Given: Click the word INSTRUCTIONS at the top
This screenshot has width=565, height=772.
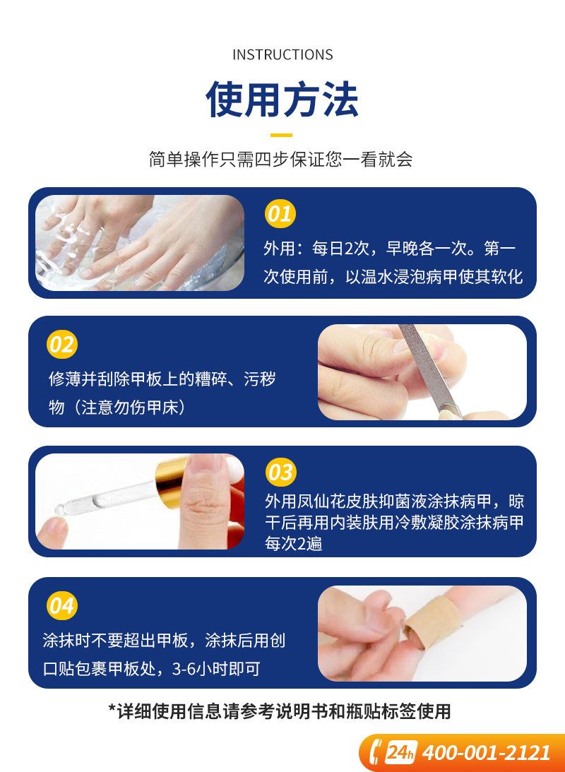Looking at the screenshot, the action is pos(282,54).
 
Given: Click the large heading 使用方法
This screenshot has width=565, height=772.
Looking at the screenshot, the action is pos(282,100).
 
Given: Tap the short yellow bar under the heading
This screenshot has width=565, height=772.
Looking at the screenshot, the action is pos(282,135).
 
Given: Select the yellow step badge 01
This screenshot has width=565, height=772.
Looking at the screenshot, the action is pos(280,214).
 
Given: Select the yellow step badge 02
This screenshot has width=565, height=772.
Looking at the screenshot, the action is pos(62,344).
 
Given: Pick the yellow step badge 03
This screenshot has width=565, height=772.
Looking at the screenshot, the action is pos(280,472).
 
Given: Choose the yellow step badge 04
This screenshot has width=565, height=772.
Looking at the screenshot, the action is pos(62,605).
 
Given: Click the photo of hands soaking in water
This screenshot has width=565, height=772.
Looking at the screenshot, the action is pos(140,243).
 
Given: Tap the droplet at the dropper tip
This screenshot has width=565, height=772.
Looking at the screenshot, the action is pos(61,509).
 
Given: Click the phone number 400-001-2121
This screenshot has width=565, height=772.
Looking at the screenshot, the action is pos(487,753).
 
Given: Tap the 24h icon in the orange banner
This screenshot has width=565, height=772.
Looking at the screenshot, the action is pos(400,752).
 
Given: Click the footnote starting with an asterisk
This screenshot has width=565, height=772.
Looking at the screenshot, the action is pos(280,711).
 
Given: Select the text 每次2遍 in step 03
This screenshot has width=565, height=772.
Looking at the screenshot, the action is pos(294,544).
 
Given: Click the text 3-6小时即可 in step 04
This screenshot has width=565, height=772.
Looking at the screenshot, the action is pos(216,669).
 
